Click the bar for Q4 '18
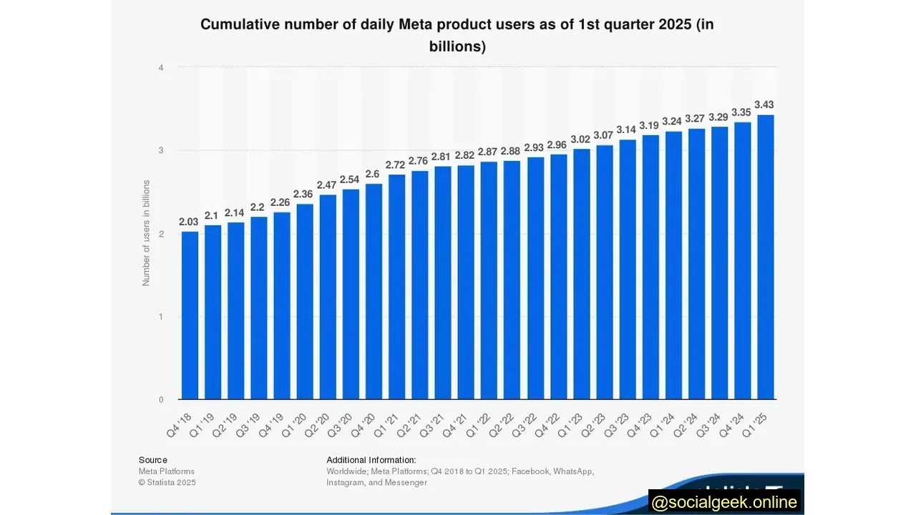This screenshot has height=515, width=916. click(x=190, y=315)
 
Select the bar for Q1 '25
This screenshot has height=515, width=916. click(x=765, y=257)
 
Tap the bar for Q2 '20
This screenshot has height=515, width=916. click(x=328, y=297)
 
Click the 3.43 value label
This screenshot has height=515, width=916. click(x=764, y=104)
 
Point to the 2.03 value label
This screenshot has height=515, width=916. click(x=189, y=222)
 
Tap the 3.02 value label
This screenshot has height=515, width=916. click(x=580, y=139)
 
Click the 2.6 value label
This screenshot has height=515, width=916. click(x=374, y=174)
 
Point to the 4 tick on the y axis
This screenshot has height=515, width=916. click(x=161, y=68)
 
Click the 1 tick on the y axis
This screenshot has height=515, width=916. click(x=161, y=317)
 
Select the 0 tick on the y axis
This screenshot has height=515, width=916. click(x=161, y=400)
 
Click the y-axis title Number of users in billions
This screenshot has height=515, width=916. click(x=146, y=233)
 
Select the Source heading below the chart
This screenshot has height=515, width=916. click(x=153, y=460)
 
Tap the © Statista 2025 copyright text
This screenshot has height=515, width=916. click(x=167, y=483)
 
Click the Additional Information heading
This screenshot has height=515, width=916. click(x=371, y=460)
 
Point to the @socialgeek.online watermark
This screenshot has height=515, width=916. click(x=724, y=502)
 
